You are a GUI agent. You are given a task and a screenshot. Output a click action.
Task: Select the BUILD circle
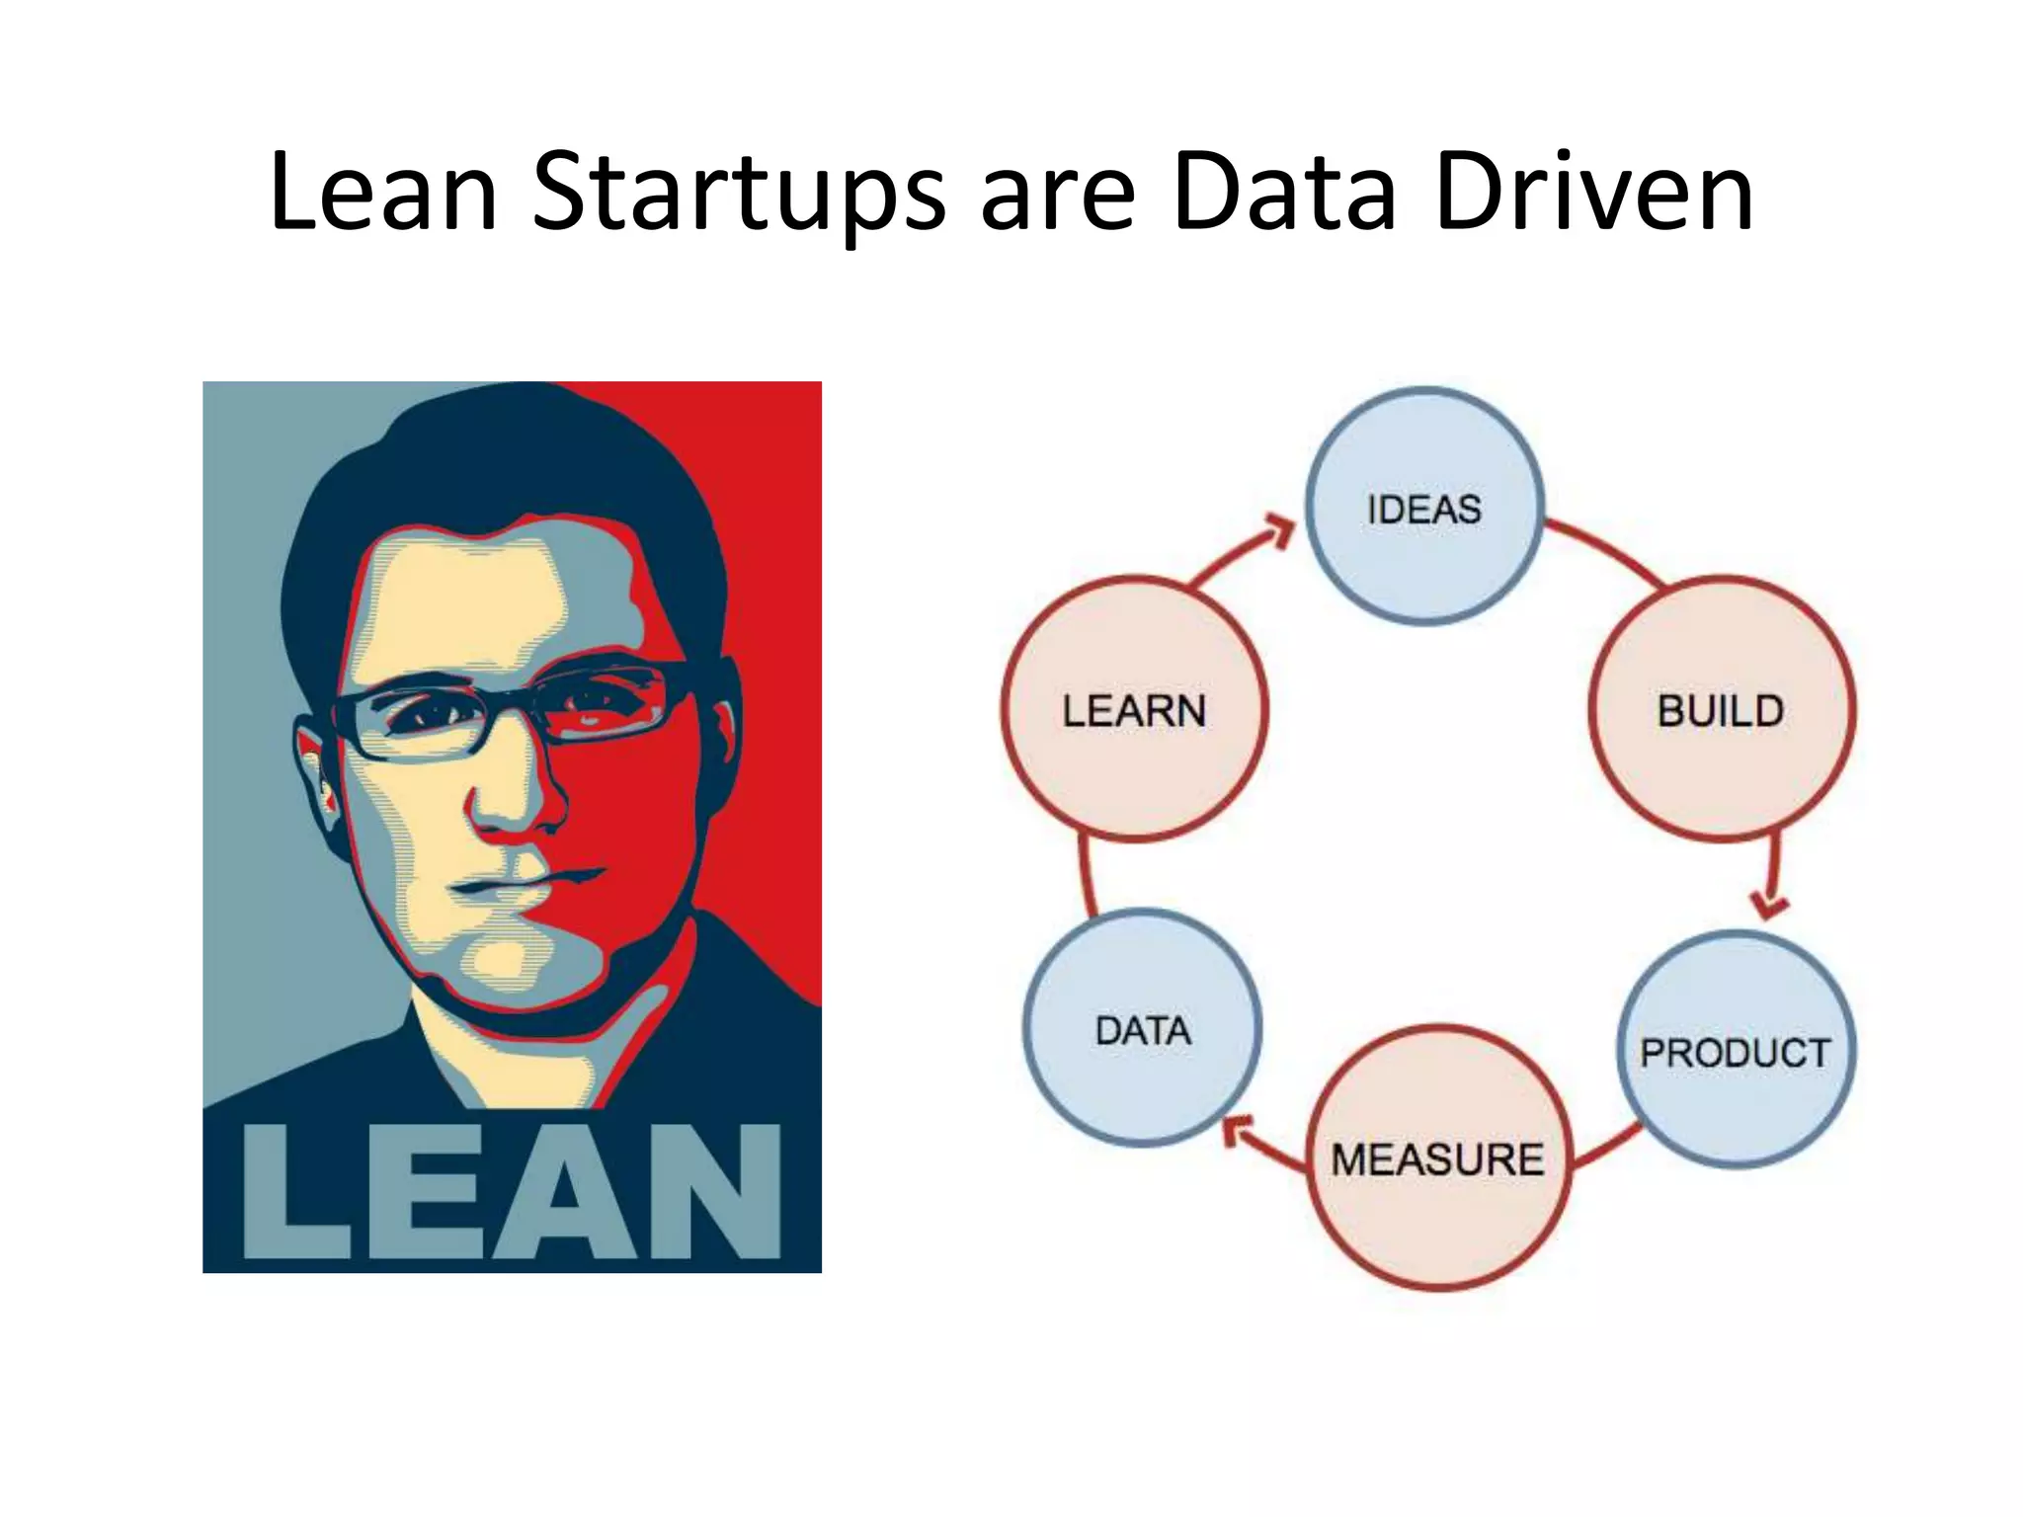(1721, 709)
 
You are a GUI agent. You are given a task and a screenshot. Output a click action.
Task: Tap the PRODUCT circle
(1736, 1051)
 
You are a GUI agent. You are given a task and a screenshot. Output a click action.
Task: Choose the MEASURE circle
(1437, 1158)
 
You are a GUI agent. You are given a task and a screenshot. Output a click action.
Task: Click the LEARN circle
(1134, 709)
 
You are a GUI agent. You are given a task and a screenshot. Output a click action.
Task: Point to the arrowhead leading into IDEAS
(1281, 531)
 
